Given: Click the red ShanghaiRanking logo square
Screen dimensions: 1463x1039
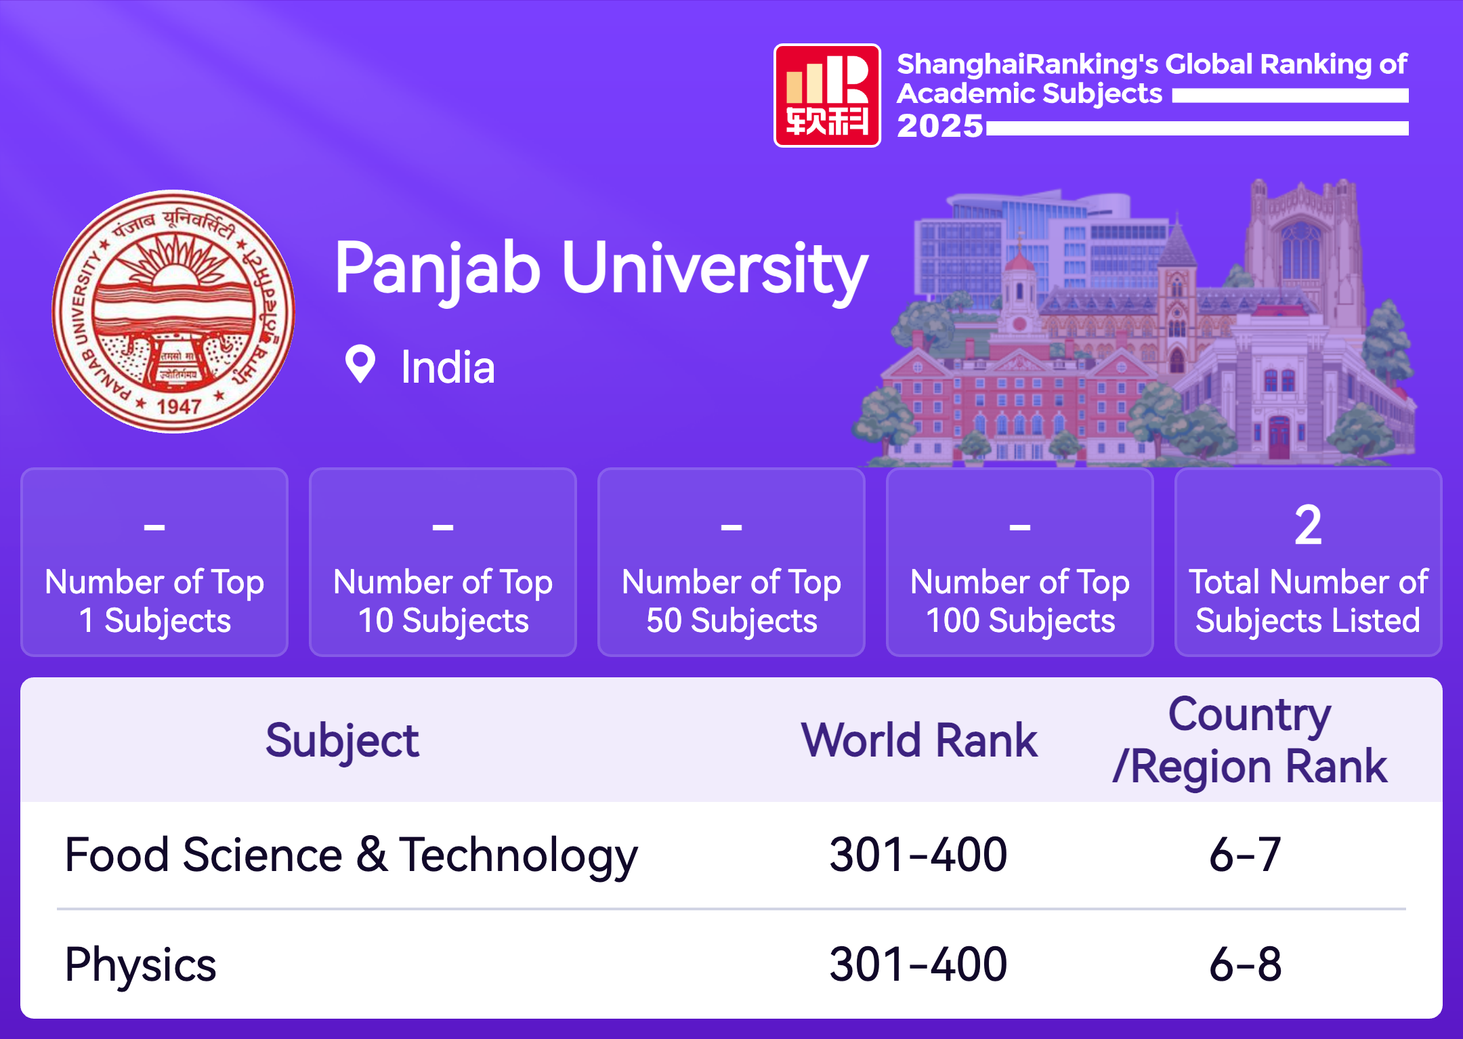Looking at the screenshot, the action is tap(827, 96).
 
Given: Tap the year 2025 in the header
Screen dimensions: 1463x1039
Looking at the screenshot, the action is tap(939, 126).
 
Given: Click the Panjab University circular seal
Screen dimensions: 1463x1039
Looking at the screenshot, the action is tap(173, 311).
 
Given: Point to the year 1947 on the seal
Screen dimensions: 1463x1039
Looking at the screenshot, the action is tap(179, 406).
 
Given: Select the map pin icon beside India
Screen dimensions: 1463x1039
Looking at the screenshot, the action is tap(360, 364).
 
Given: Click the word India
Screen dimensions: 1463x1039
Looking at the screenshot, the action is tap(448, 368).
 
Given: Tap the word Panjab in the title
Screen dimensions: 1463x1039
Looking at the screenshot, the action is tap(438, 270).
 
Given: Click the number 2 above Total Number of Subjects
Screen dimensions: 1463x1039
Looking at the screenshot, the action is tap(1308, 525).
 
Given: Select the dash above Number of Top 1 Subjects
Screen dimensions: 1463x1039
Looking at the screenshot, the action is tap(154, 526).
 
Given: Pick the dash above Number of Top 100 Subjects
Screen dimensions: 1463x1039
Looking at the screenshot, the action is tap(1020, 526).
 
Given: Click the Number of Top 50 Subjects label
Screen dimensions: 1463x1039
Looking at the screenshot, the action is tap(731, 601).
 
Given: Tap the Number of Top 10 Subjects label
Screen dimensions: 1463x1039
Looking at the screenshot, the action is tap(443, 601).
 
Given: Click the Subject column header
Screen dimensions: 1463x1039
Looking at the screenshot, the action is tap(342, 741).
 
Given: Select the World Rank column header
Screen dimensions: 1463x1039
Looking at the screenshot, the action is tap(919, 740).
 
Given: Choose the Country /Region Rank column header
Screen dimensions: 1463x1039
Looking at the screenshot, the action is tap(1250, 741).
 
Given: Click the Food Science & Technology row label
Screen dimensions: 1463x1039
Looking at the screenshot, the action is tap(351, 855).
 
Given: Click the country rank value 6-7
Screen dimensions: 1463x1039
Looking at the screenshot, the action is tap(1245, 855).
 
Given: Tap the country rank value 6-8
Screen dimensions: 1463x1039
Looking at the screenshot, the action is tap(1245, 964).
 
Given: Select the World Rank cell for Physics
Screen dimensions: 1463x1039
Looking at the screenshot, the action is tap(918, 964).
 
